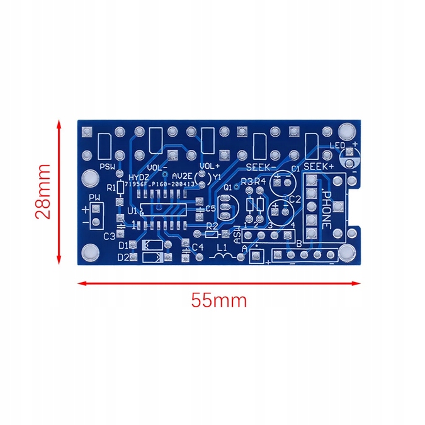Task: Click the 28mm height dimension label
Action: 43,191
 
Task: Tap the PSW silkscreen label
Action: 108,167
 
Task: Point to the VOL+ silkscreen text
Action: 209,166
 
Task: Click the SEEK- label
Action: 261,167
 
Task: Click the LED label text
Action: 339,147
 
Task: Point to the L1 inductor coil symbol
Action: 222,257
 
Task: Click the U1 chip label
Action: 132,210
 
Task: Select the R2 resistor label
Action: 212,225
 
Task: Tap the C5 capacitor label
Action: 210,208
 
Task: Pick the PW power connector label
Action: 94,198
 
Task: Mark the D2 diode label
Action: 123,257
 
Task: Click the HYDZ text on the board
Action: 139,177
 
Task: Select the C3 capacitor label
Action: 110,236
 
